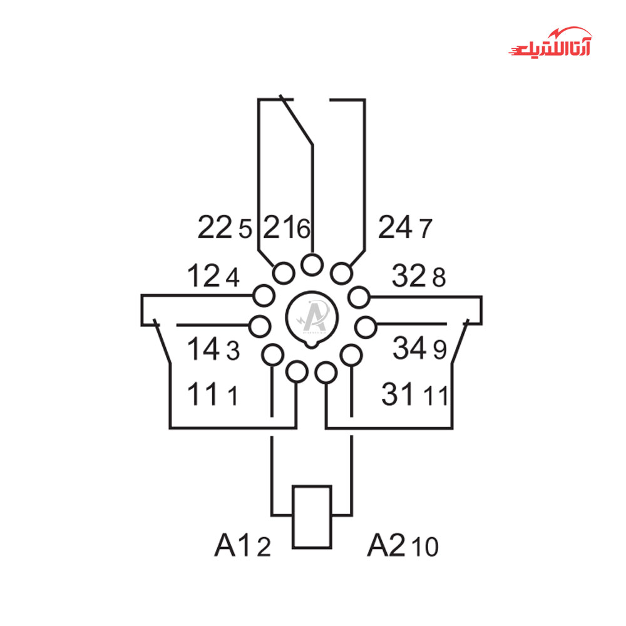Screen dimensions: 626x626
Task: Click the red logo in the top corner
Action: tap(550, 43)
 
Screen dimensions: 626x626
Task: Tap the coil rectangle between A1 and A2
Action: tap(312, 486)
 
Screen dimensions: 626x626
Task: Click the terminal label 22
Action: tap(215, 227)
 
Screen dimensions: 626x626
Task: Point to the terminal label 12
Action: tap(203, 275)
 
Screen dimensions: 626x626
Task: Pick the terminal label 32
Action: tap(409, 275)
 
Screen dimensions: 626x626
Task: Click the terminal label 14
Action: tap(203, 349)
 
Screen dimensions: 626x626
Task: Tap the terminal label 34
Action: tap(409, 347)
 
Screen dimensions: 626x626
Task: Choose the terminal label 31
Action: tap(398, 394)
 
